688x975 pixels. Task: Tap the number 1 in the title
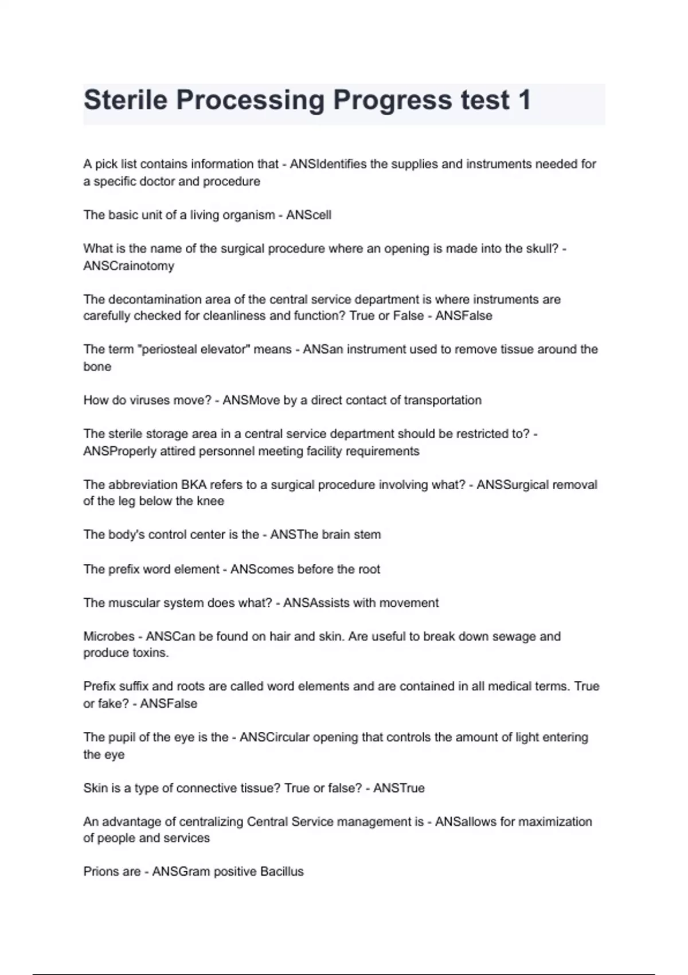pyautogui.click(x=523, y=100)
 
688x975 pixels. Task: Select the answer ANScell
pyautogui.click(x=308, y=215)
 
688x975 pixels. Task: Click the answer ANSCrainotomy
pyautogui.click(x=128, y=266)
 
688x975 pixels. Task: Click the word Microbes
pyautogui.click(x=109, y=637)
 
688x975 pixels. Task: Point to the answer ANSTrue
pyautogui.click(x=399, y=788)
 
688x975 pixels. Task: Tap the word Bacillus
pyautogui.click(x=282, y=872)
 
